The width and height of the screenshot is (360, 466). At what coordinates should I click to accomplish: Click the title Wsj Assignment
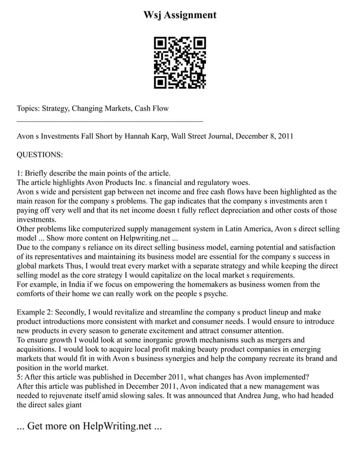180,15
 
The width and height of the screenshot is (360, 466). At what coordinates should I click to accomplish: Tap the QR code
180,63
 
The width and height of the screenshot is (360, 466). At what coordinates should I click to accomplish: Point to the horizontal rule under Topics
110,121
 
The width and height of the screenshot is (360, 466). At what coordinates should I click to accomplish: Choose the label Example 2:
36,312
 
